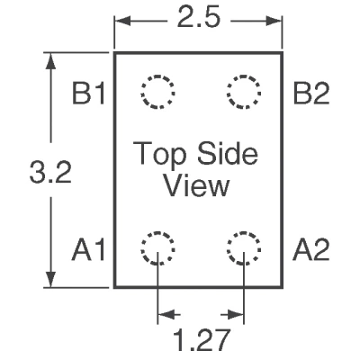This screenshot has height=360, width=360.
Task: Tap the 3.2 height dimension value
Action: (50, 172)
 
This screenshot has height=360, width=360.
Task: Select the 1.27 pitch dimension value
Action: (202, 340)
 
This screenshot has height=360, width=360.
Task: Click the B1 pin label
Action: (89, 94)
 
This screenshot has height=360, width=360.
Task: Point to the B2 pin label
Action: (311, 94)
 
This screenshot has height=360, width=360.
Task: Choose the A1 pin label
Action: (89, 249)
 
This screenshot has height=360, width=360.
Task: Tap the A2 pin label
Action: (311, 249)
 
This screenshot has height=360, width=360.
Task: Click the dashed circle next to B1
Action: (141, 92)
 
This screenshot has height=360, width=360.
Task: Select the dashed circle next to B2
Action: (228, 92)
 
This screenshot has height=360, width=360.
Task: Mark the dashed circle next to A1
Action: (141, 248)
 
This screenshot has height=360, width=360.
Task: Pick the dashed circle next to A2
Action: (228, 248)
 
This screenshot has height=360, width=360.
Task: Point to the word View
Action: (197, 186)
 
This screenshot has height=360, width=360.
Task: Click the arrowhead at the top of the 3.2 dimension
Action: (51, 62)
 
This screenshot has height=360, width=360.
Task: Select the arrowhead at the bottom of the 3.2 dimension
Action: (51, 278)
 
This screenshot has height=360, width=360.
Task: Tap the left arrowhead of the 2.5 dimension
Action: (123, 22)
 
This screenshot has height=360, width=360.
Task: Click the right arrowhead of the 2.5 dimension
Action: (273, 22)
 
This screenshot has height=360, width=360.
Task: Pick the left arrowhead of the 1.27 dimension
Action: (166, 315)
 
